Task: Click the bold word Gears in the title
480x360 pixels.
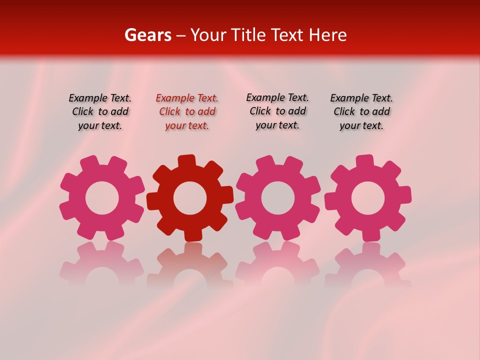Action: [147, 35]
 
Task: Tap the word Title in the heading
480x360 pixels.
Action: [248, 35]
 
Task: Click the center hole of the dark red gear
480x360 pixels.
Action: [190, 198]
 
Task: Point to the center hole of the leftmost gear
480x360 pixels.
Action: [102, 198]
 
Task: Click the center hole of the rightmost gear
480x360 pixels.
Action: [368, 198]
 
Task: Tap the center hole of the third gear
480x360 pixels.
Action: [277, 198]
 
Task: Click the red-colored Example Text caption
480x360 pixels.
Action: [187, 112]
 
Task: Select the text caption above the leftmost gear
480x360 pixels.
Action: [100, 112]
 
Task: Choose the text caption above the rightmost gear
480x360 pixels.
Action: [361, 112]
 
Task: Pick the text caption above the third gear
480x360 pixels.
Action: [277, 111]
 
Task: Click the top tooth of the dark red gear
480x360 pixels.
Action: [187, 161]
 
